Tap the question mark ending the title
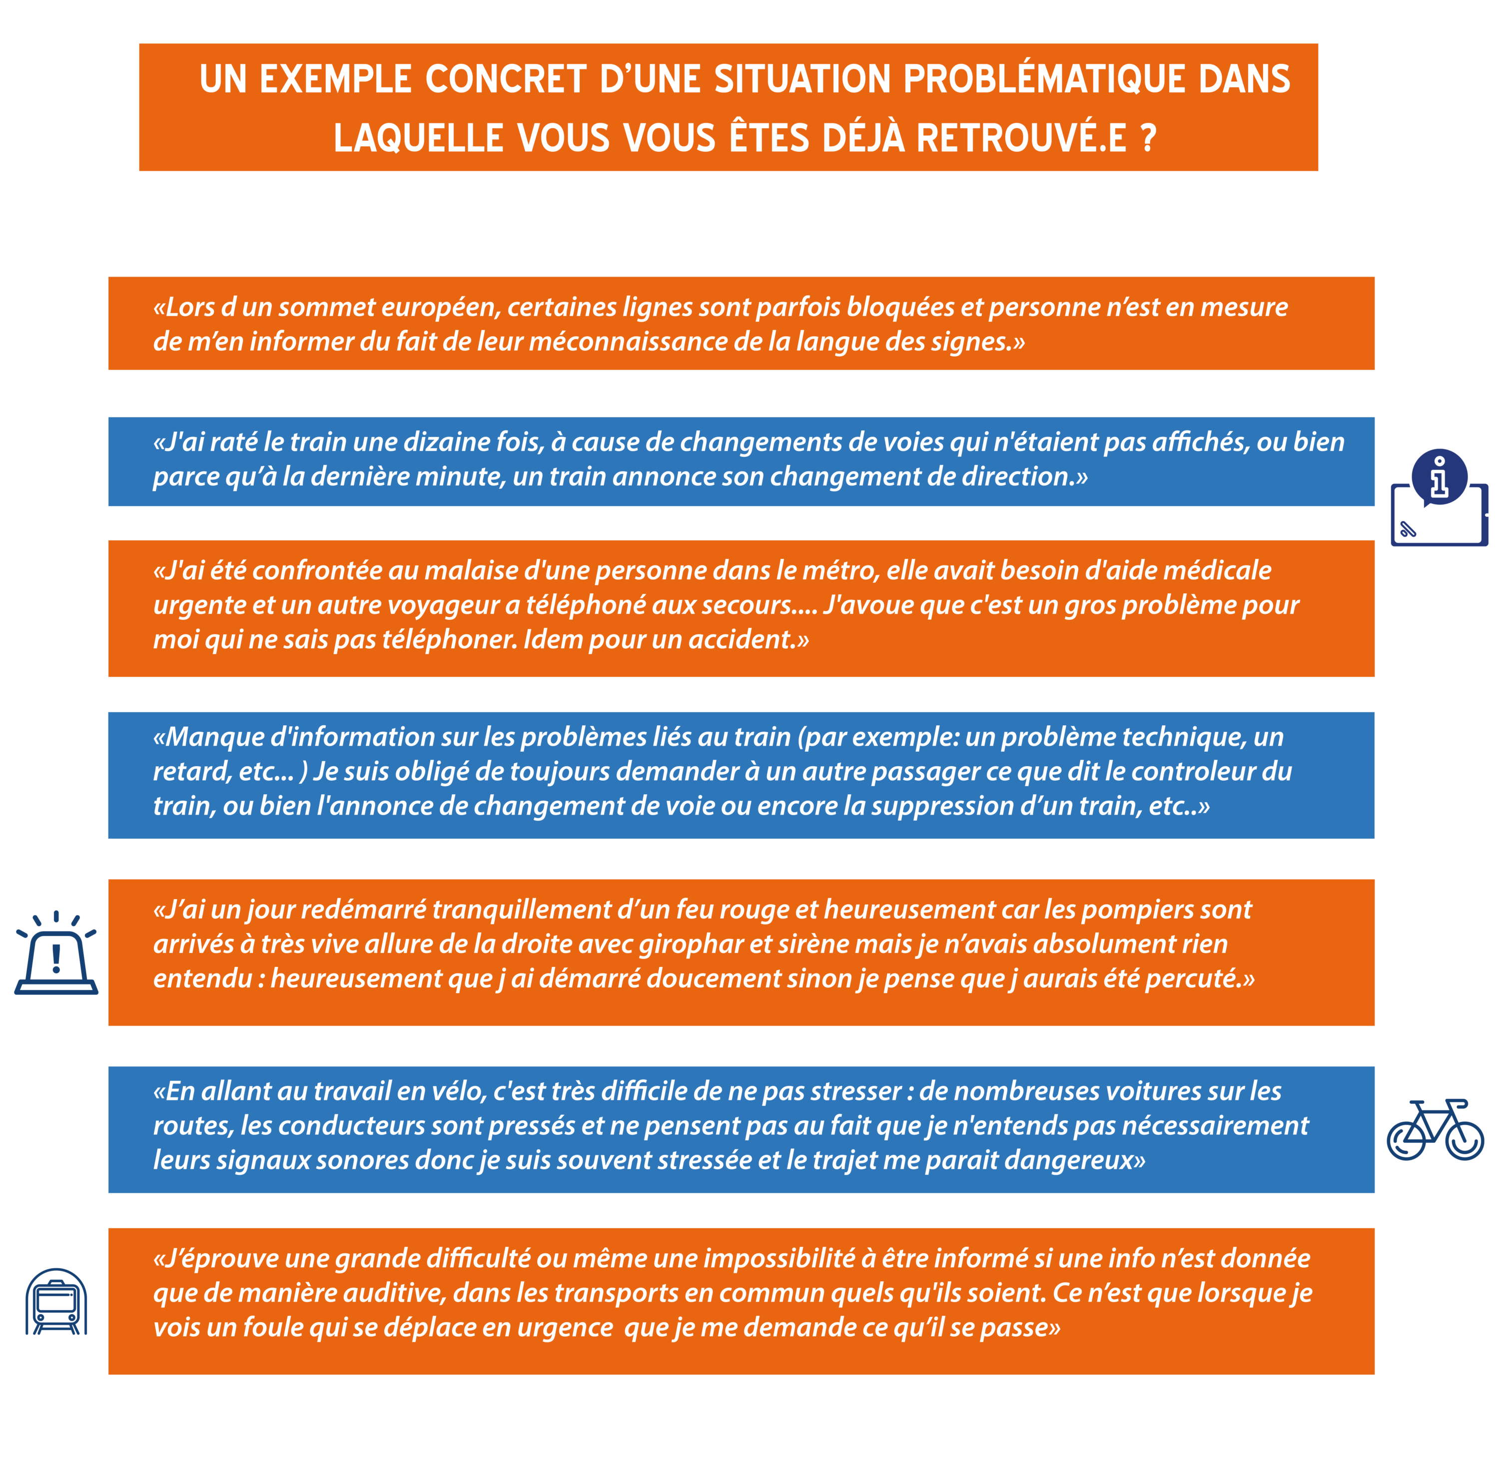tap(1148, 138)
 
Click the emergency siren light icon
tap(56, 954)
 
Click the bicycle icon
tap(1435, 1129)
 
